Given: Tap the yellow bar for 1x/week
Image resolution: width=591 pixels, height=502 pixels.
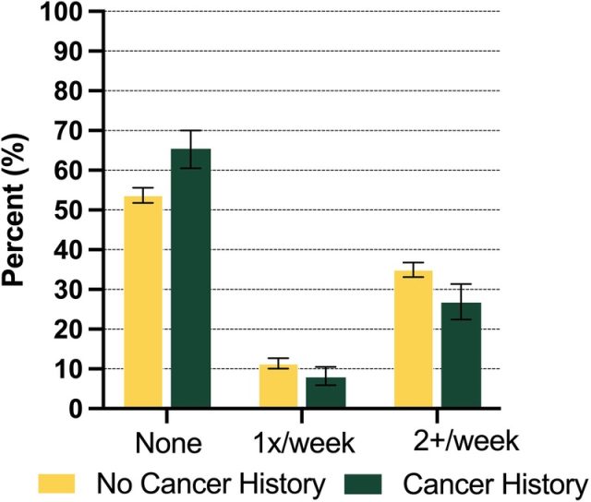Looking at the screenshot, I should pyautogui.click(x=278, y=387).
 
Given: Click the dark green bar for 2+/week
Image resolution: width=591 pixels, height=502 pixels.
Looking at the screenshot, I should pyautogui.click(x=461, y=355).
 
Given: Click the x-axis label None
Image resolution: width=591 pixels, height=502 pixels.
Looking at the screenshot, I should pyautogui.click(x=168, y=444).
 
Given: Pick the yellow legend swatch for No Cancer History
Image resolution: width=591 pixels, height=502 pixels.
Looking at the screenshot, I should pyautogui.click(x=57, y=484).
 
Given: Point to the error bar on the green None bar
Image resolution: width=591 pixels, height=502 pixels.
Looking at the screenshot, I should pyautogui.click(x=190, y=149).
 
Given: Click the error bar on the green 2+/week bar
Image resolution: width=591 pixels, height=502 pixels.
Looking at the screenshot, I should pyautogui.click(x=461, y=301).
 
